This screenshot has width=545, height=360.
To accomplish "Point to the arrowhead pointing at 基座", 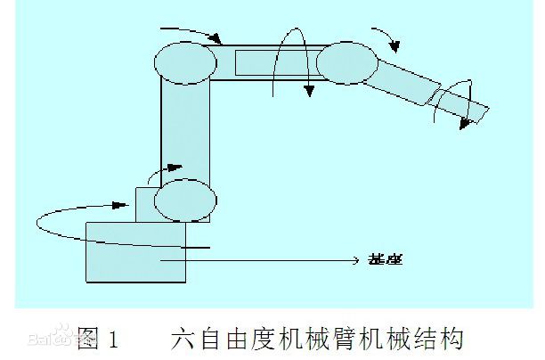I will pyautogui.click(x=352, y=260).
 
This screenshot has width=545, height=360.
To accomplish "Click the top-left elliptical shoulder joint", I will pyautogui.click(x=185, y=61).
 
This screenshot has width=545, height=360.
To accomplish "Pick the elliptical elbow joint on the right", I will pyautogui.click(x=347, y=61).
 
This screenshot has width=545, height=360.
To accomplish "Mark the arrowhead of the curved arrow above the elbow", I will pyautogui.click(x=397, y=45).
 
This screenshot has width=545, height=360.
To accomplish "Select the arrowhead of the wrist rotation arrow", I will pyautogui.click(x=463, y=124).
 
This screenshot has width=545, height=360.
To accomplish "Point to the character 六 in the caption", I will pyautogui.click(x=182, y=339).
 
